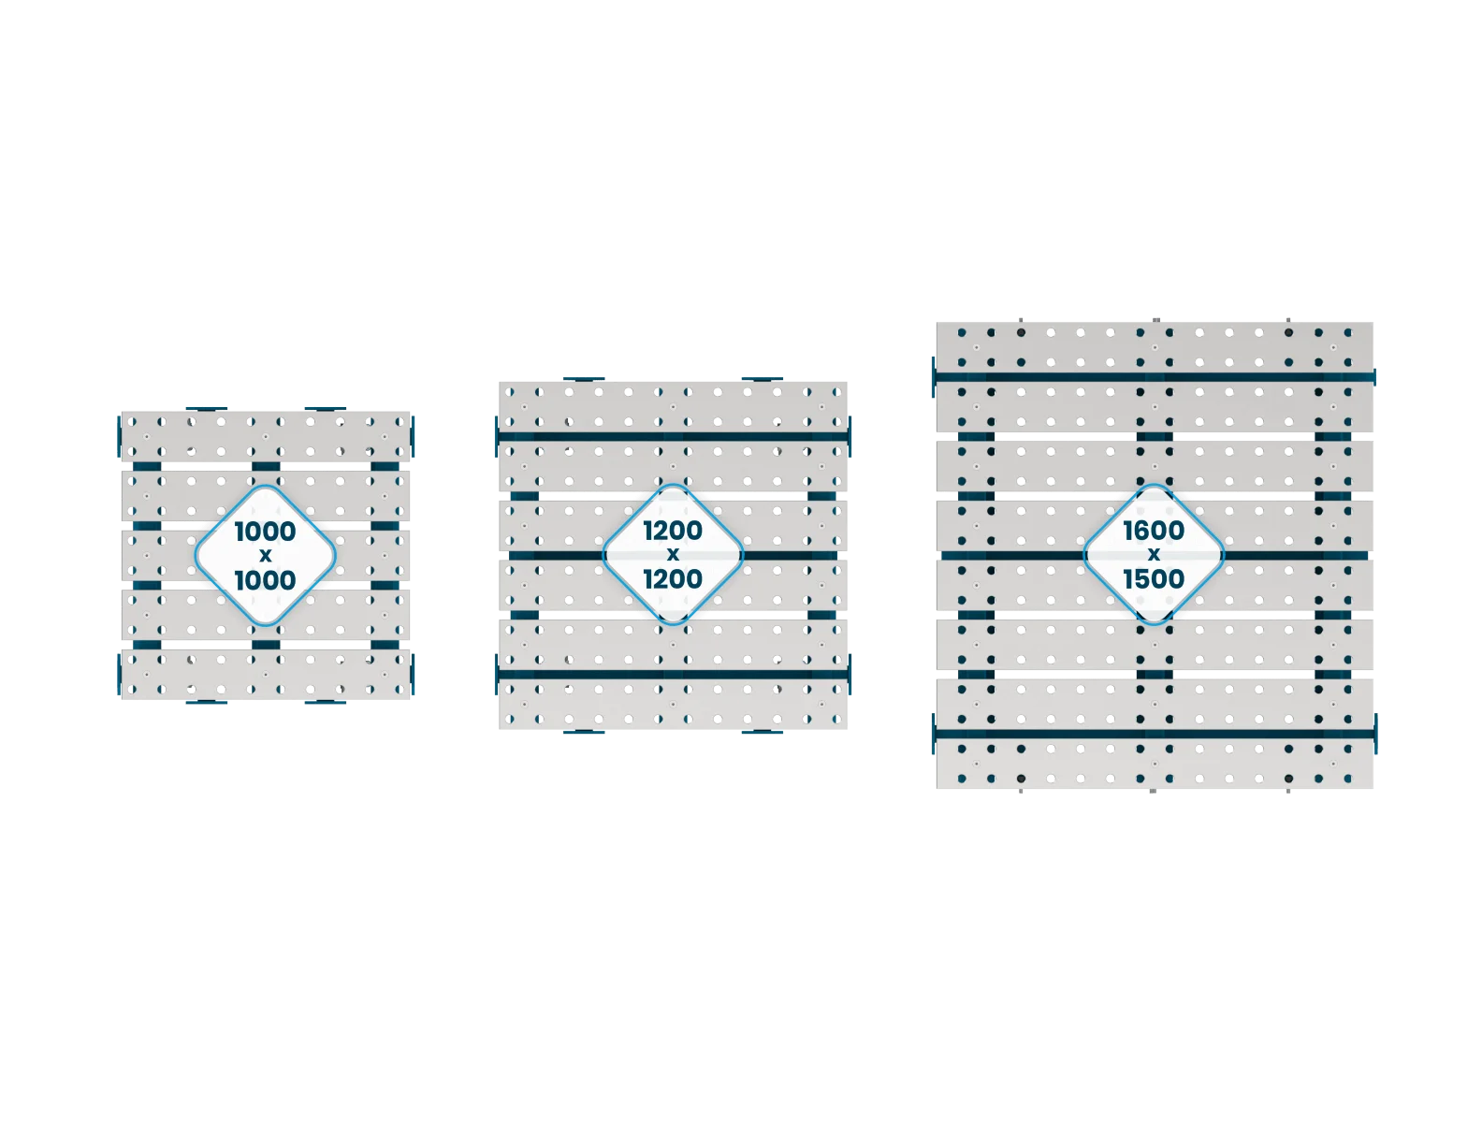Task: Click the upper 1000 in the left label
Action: click(265, 532)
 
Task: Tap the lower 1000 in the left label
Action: click(265, 580)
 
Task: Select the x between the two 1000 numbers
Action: click(266, 556)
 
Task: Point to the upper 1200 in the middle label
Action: click(673, 531)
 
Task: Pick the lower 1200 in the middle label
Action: click(673, 578)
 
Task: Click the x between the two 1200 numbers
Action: click(673, 555)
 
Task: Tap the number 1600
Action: click(1154, 531)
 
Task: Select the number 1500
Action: click(1154, 578)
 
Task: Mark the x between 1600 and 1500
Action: click(1154, 555)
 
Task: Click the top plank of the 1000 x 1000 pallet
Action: click(266, 436)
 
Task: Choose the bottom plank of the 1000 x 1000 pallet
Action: click(266, 674)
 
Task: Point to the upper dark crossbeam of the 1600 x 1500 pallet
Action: click(1154, 377)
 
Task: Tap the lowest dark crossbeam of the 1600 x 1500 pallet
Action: click(1154, 734)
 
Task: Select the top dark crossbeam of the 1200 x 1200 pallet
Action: click(673, 436)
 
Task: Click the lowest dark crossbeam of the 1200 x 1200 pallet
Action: click(673, 674)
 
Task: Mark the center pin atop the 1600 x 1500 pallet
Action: click(1155, 320)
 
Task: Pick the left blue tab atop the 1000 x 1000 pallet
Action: click(207, 409)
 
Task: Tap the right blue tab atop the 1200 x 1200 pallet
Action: click(763, 379)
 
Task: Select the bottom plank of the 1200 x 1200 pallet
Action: click(673, 704)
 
